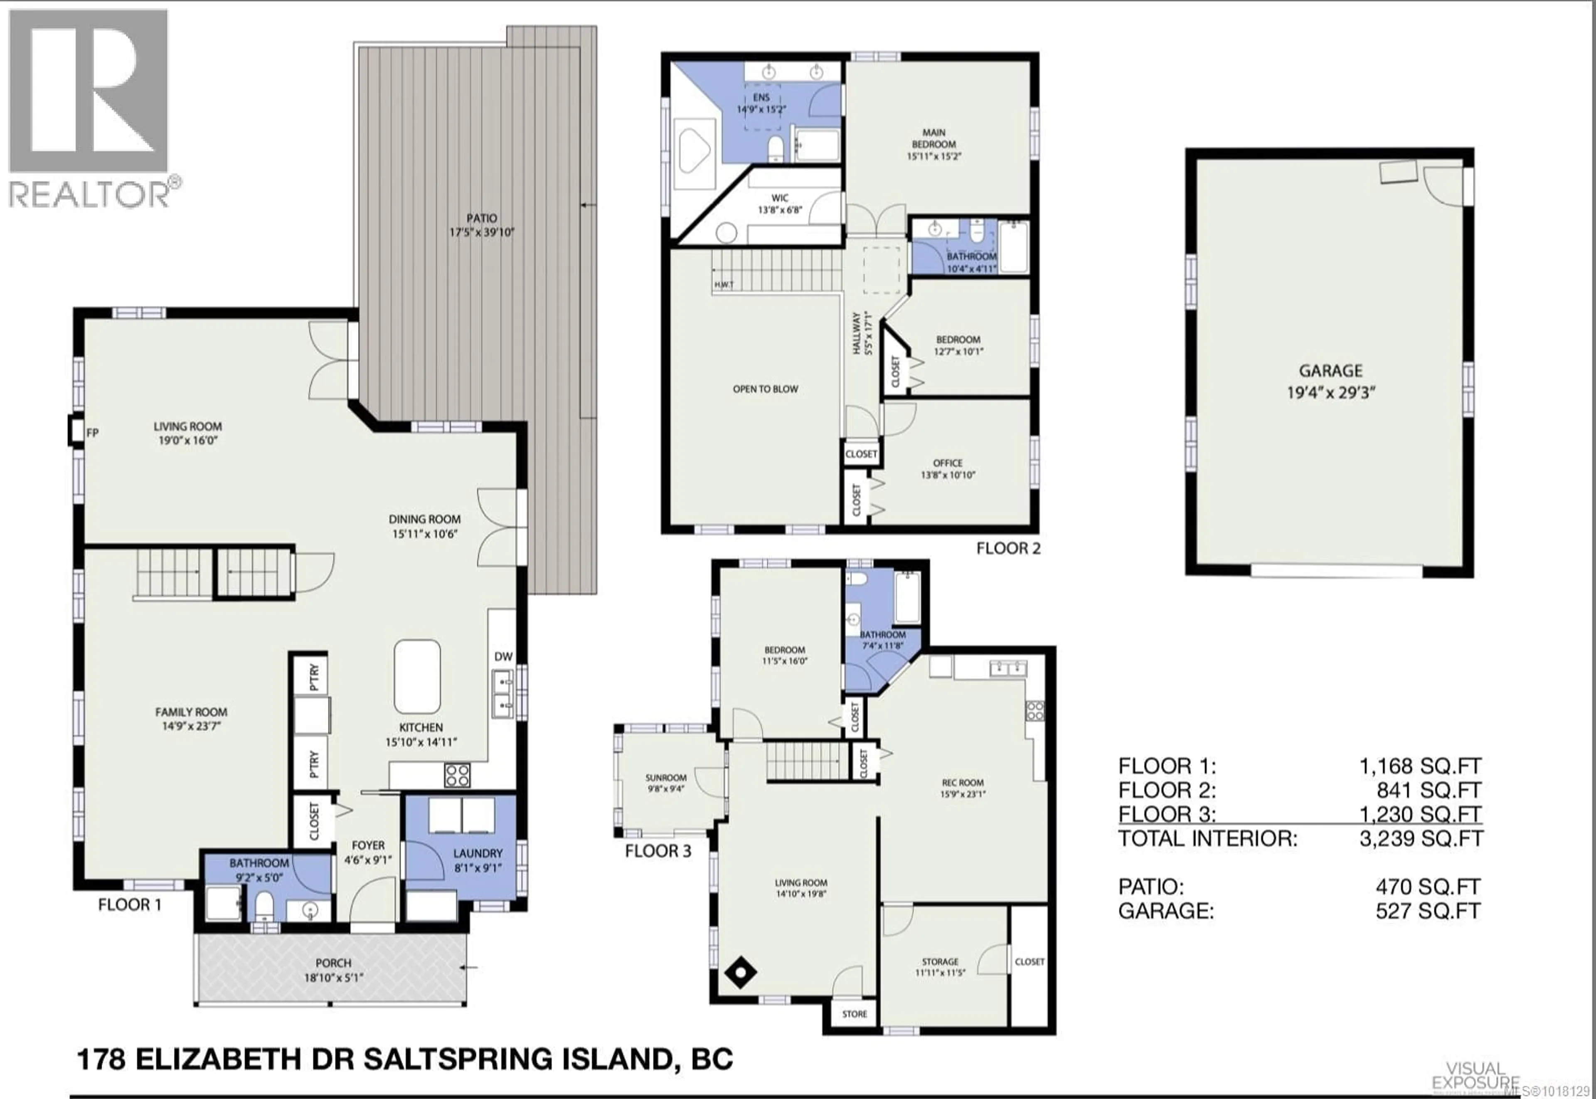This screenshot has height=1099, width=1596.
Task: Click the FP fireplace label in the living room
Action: [92, 432]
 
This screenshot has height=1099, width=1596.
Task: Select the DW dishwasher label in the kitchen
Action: [503, 656]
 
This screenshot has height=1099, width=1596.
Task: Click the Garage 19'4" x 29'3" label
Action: [1330, 381]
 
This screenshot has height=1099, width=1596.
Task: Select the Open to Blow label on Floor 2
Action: [765, 389]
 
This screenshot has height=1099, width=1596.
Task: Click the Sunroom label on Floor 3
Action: [666, 783]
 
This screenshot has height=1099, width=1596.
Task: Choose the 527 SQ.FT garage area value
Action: [1427, 911]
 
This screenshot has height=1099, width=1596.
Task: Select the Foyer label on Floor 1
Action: [368, 852]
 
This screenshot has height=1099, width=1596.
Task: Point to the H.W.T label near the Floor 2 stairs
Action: [724, 284]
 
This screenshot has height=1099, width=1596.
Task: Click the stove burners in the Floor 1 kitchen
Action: [457, 775]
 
